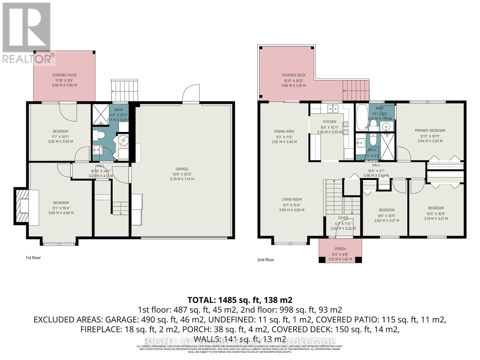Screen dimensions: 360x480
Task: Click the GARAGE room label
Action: coord(182,169)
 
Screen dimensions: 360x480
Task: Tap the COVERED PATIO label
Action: coord(64,75)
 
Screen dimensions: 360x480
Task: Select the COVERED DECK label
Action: coord(293,75)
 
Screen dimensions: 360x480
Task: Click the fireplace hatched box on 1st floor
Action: coord(21,206)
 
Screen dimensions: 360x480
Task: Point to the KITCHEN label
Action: coord(329,122)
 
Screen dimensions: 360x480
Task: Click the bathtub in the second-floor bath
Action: coord(362,117)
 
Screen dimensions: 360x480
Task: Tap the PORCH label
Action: coord(340,249)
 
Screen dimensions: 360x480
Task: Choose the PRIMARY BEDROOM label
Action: coord(430,130)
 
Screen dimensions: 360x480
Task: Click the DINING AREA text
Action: coord(284,131)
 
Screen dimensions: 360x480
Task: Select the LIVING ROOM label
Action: coord(292,199)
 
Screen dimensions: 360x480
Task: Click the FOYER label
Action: coord(343,218)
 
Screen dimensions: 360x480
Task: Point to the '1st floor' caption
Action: coord(33,258)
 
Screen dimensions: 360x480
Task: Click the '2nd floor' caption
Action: coord(265,260)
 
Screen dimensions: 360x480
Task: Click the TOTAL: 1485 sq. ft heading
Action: coord(240,300)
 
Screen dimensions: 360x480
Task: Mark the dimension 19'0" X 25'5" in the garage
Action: coord(182,174)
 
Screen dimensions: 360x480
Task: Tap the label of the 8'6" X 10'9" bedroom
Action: coord(386,210)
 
